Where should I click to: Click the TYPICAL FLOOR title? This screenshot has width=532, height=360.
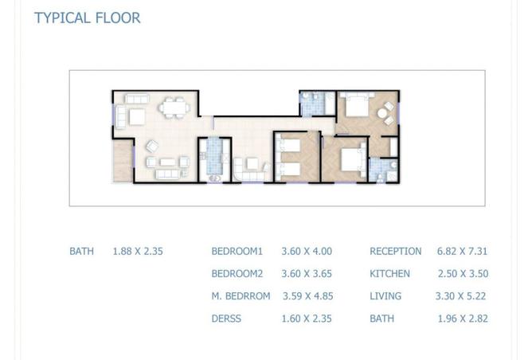tap(87, 18)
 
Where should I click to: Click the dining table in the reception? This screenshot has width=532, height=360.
tap(173, 109)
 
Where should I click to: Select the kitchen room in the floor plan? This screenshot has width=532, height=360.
tap(213, 158)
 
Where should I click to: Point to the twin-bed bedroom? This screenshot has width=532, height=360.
tap(296, 157)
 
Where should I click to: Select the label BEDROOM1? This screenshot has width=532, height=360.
tap(237, 252)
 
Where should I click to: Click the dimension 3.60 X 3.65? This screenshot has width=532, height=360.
tap(307, 274)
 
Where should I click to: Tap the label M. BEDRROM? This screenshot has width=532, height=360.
tap(239, 296)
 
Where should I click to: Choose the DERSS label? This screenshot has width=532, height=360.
tap(227, 319)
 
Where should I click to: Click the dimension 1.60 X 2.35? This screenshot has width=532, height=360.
tap(307, 319)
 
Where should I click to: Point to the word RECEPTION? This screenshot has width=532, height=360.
tap(395, 252)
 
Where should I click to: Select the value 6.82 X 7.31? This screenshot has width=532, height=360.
tap(462, 252)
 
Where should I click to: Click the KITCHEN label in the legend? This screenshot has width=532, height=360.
tap(389, 274)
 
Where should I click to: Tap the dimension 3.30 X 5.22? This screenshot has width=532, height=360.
tap(462, 296)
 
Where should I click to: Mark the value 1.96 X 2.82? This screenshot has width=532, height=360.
tap(462, 319)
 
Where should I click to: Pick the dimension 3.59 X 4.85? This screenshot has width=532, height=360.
tap(307, 296)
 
